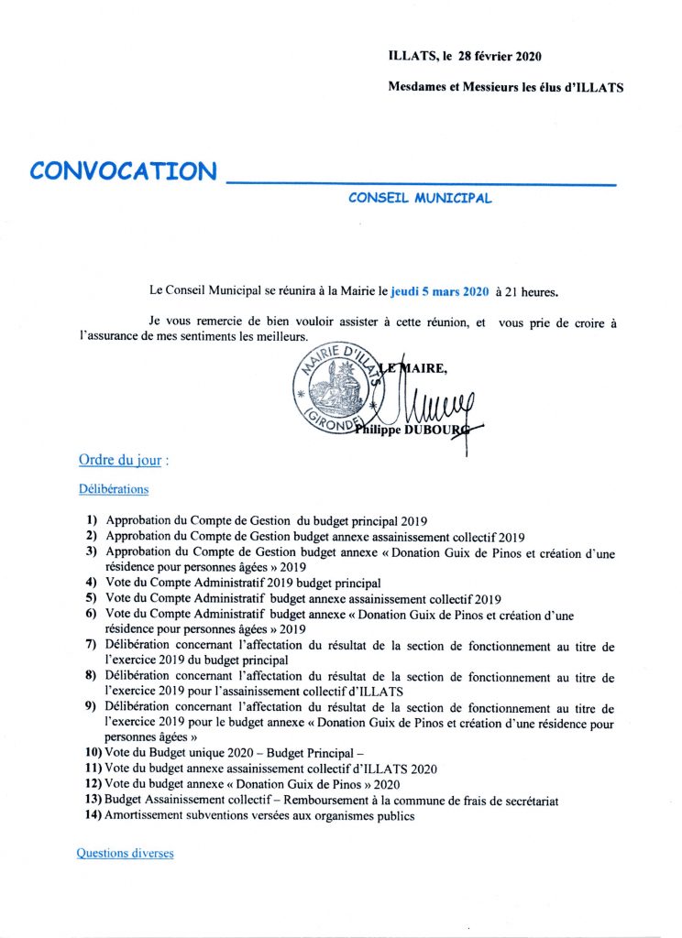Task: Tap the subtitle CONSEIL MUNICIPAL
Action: coord(420,198)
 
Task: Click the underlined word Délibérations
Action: coord(114,490)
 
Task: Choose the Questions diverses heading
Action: coord(125,854)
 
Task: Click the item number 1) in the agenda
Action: coord(93,519)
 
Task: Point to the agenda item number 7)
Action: coord(93,647)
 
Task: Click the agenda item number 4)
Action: coord(93,583)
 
